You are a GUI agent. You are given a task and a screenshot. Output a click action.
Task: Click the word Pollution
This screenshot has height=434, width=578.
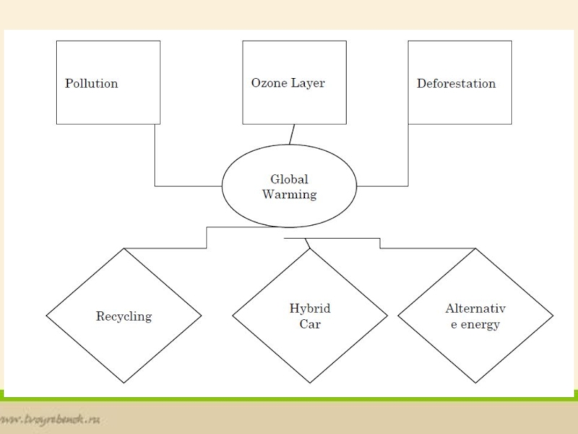(x=91, y=83)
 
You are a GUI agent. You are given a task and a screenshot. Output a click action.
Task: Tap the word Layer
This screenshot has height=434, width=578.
(x=308, y=83)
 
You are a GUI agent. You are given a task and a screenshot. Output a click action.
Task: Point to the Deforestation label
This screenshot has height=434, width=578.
(x=456, y=83)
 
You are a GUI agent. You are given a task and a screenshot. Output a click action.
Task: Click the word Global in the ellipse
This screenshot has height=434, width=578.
(x=289, y=179)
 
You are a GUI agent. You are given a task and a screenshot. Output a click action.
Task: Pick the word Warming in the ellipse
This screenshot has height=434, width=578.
(x=289, y=195)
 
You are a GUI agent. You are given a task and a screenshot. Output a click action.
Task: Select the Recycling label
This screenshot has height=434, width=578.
(x=124, y=316)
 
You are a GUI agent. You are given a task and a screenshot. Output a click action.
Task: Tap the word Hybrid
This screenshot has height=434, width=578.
(x=310, y=309)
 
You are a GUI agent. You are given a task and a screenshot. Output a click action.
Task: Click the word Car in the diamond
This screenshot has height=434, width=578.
(x=310, y=324)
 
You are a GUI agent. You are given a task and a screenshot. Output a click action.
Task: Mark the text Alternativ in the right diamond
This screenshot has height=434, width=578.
(x=475, y=309)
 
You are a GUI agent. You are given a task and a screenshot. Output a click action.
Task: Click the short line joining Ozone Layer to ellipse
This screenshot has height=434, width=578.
(x=292, y=135)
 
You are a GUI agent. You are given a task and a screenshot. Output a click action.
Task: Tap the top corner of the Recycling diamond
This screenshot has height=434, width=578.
(x=124, y=249)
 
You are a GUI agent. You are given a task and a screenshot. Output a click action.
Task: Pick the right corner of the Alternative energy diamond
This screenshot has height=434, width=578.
(x=553, y=316)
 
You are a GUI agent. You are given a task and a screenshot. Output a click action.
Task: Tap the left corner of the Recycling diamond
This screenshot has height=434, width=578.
(x=47, y=316)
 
